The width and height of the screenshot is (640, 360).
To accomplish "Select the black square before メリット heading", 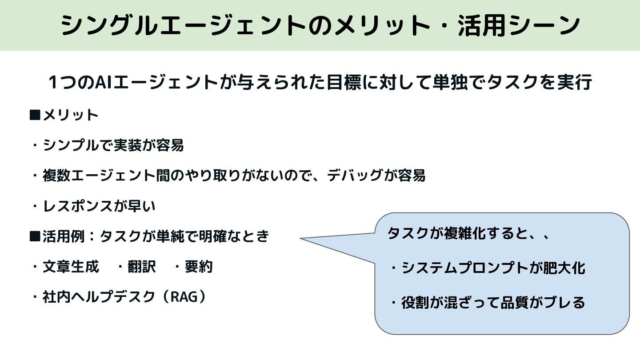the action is point(35,115).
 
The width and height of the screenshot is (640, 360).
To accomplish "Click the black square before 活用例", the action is point(35,236).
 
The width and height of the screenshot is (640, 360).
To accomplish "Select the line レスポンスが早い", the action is point(99,206).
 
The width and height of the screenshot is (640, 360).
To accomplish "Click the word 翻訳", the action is point(141,267).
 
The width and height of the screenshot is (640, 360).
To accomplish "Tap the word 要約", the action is point(198,267).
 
